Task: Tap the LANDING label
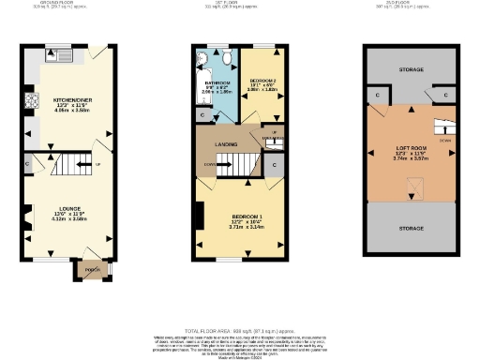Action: (x=225, y=143)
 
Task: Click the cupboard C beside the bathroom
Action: (x=205, y=114)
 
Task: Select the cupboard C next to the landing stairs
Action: (x=274, y=166)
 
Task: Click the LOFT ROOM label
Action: (x=413, y=150)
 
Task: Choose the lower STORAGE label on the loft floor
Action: (x=413, y=227)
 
